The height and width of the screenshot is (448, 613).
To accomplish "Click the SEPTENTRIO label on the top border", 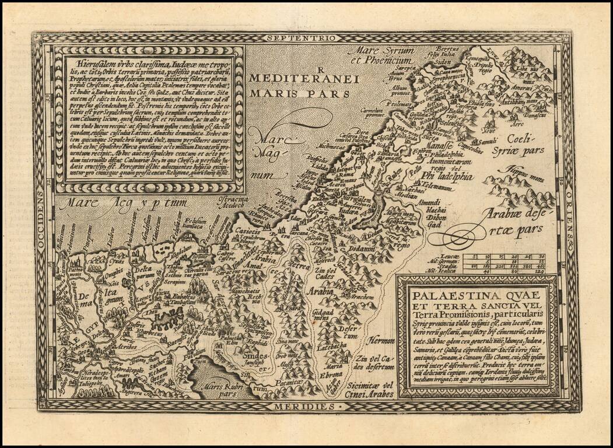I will (x=302, y=37).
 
